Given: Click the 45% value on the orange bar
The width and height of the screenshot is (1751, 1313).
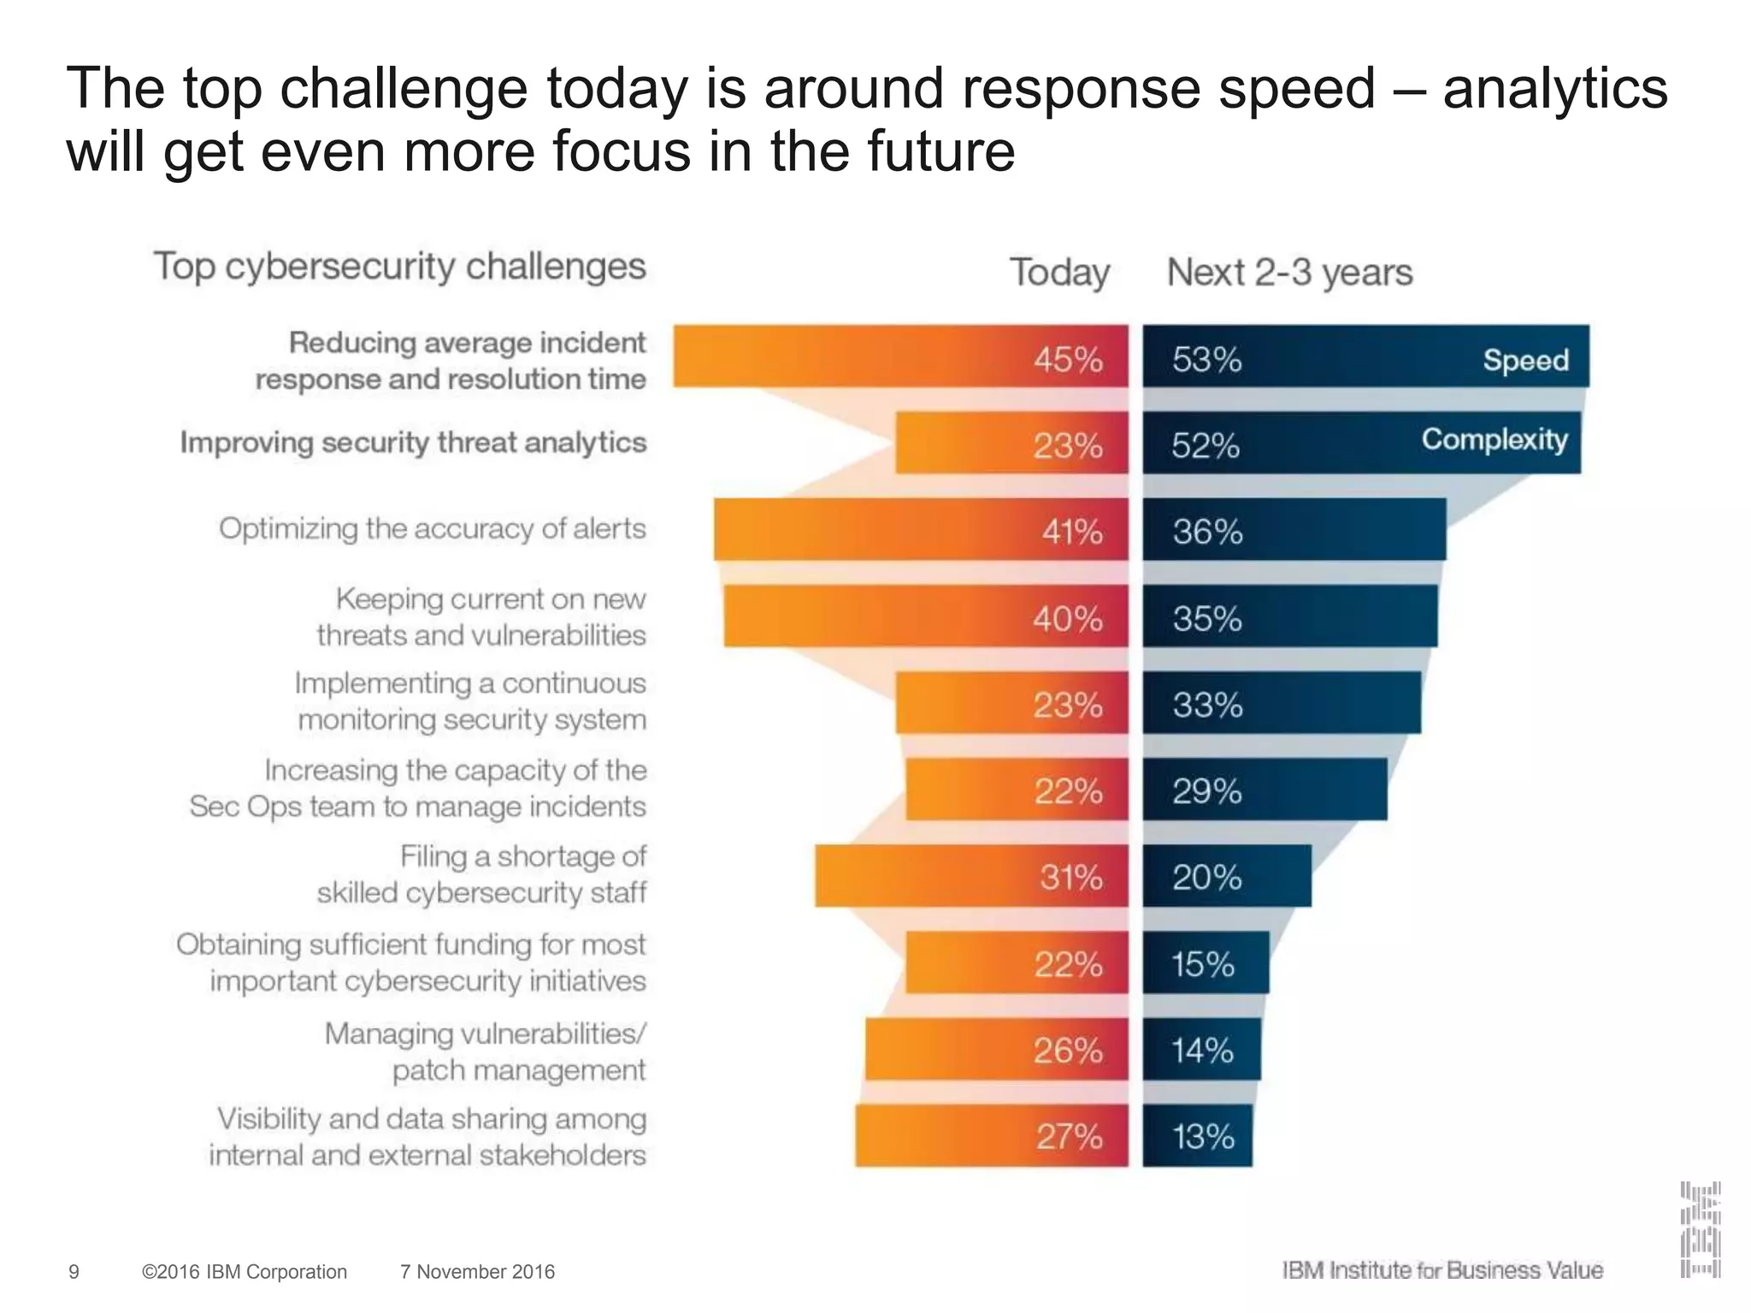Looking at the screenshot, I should tap(1068, 359).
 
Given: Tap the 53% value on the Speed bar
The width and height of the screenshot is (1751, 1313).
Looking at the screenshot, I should tap(1206, 359).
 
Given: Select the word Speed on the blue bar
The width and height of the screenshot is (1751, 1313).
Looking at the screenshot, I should tap(1525, 360).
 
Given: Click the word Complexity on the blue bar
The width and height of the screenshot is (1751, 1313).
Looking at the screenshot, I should tap(1494, 439).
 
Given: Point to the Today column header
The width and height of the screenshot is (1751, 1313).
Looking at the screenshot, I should tap(1059, 273).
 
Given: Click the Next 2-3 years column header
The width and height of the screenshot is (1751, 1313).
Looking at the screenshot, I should tap(1289, 273).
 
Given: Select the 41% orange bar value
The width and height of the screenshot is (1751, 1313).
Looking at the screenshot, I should tap(1072, 532).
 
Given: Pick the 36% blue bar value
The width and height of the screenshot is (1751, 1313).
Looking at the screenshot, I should tap(1207, 532).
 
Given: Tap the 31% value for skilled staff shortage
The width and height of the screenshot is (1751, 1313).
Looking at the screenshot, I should tap(1070, 877).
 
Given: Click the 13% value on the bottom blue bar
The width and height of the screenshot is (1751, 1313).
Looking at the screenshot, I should tap(1203, 1137).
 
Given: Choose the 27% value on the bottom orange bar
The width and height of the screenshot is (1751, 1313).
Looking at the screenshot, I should tap(1069, 1137).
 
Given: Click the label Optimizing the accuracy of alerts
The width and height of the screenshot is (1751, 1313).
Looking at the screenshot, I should tap(432, 528).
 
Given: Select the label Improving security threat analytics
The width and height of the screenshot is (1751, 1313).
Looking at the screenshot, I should tap(413, 443).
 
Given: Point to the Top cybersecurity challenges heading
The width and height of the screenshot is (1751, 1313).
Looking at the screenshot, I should tap(399, 266).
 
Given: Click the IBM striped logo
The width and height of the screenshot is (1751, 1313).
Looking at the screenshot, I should tap(1700, 1229).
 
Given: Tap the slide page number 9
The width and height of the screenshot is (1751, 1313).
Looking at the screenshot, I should tap(74, 1272).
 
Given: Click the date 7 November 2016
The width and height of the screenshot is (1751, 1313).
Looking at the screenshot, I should tap(477, 1272).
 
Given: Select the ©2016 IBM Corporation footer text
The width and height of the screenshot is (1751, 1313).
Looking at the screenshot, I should tap(245, 1272).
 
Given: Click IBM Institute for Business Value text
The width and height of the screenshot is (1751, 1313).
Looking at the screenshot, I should tap(1442, 1270).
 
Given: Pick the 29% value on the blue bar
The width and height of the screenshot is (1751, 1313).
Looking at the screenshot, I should tap(1206, 792).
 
